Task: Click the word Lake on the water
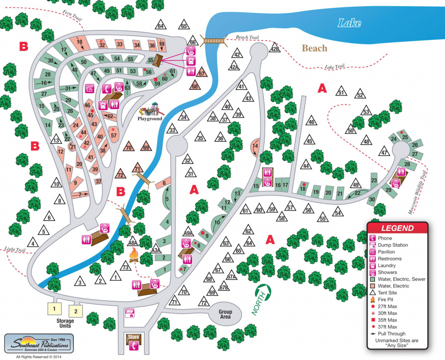coord(349,23)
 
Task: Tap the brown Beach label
coord(314,48)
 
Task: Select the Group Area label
coord(225,314)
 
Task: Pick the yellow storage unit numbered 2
coord(76,311)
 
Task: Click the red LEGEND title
coord(398,228)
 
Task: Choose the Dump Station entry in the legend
coord(392,245)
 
